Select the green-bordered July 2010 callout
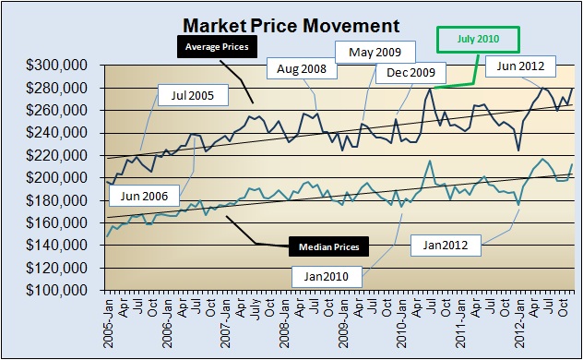[x=477, y=39]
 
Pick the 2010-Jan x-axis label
[x=402, y=323]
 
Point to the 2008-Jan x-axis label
[x=285, y=323]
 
